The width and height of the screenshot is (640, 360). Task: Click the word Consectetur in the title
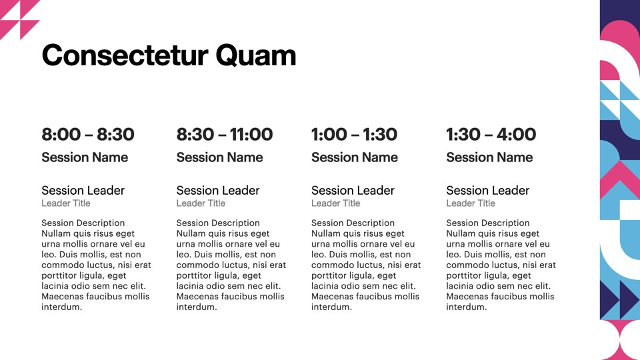[125, 55]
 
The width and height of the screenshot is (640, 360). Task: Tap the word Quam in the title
[255, 56]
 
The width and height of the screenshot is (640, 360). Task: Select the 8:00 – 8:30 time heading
[88, 134]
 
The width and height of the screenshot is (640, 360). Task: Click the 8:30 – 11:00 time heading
[225, 134]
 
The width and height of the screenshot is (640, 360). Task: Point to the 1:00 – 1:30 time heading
[354, 134]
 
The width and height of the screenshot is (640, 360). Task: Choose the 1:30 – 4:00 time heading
[491, 134]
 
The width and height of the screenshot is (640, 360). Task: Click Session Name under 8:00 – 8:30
[85, 157]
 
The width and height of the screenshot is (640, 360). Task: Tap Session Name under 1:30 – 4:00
[489, 157]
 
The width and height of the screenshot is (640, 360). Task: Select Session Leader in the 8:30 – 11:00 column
[218, 190]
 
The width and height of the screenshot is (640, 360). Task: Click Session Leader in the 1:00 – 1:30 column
[353, 190]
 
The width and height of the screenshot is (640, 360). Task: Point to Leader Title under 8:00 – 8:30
[66, 203]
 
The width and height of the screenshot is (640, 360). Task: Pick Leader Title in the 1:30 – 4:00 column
[471, 203]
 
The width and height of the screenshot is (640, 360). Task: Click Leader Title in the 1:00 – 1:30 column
[336, 203]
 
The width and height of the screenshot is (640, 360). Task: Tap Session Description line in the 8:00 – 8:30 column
[83, 223]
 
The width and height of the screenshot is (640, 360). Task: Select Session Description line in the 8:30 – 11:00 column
[218, 223]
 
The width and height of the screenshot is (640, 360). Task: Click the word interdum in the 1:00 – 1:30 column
[331, 307]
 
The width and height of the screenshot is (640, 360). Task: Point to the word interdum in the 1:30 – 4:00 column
[467, 307]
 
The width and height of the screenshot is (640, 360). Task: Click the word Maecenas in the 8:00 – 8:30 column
[61, 296]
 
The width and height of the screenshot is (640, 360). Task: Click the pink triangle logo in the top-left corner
[19, 19]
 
